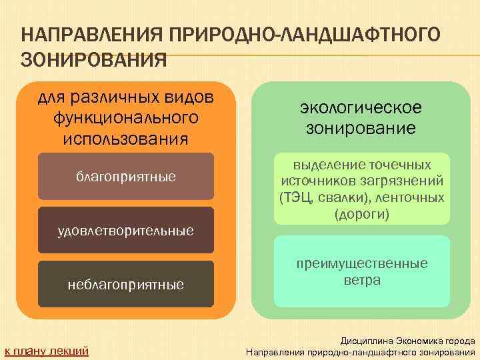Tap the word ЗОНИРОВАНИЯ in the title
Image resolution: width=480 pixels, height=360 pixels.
pyautogui.click(x=94, y=60)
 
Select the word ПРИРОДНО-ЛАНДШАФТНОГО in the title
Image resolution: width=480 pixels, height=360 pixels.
pyautogui.click(x=296, y=33)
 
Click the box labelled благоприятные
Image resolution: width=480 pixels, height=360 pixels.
pyautogui.click(x=126, y=177)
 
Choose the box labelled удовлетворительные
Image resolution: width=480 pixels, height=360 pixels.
pyautogui.click(x=126, y=231)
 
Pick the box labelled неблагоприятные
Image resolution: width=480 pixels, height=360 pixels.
pyautogui.click(x=126, y=285)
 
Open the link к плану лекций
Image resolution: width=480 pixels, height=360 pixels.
pyautogui.click(x=47, y=351)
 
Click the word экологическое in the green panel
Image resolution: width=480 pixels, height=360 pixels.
pyautogui.click(x=361, y=107)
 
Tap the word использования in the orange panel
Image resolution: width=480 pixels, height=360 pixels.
pyautogui.click(x=126, y=138)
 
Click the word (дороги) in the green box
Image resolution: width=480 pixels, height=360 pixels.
pyautogui.click(x=361, y=215)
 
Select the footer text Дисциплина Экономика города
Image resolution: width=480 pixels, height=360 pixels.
pyautogui.click(x=407, y=340)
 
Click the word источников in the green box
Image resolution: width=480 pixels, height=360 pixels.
pyautogui.click(x=316, y=181)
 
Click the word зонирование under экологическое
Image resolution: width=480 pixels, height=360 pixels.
pyautogui.click(x=361, y=127)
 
